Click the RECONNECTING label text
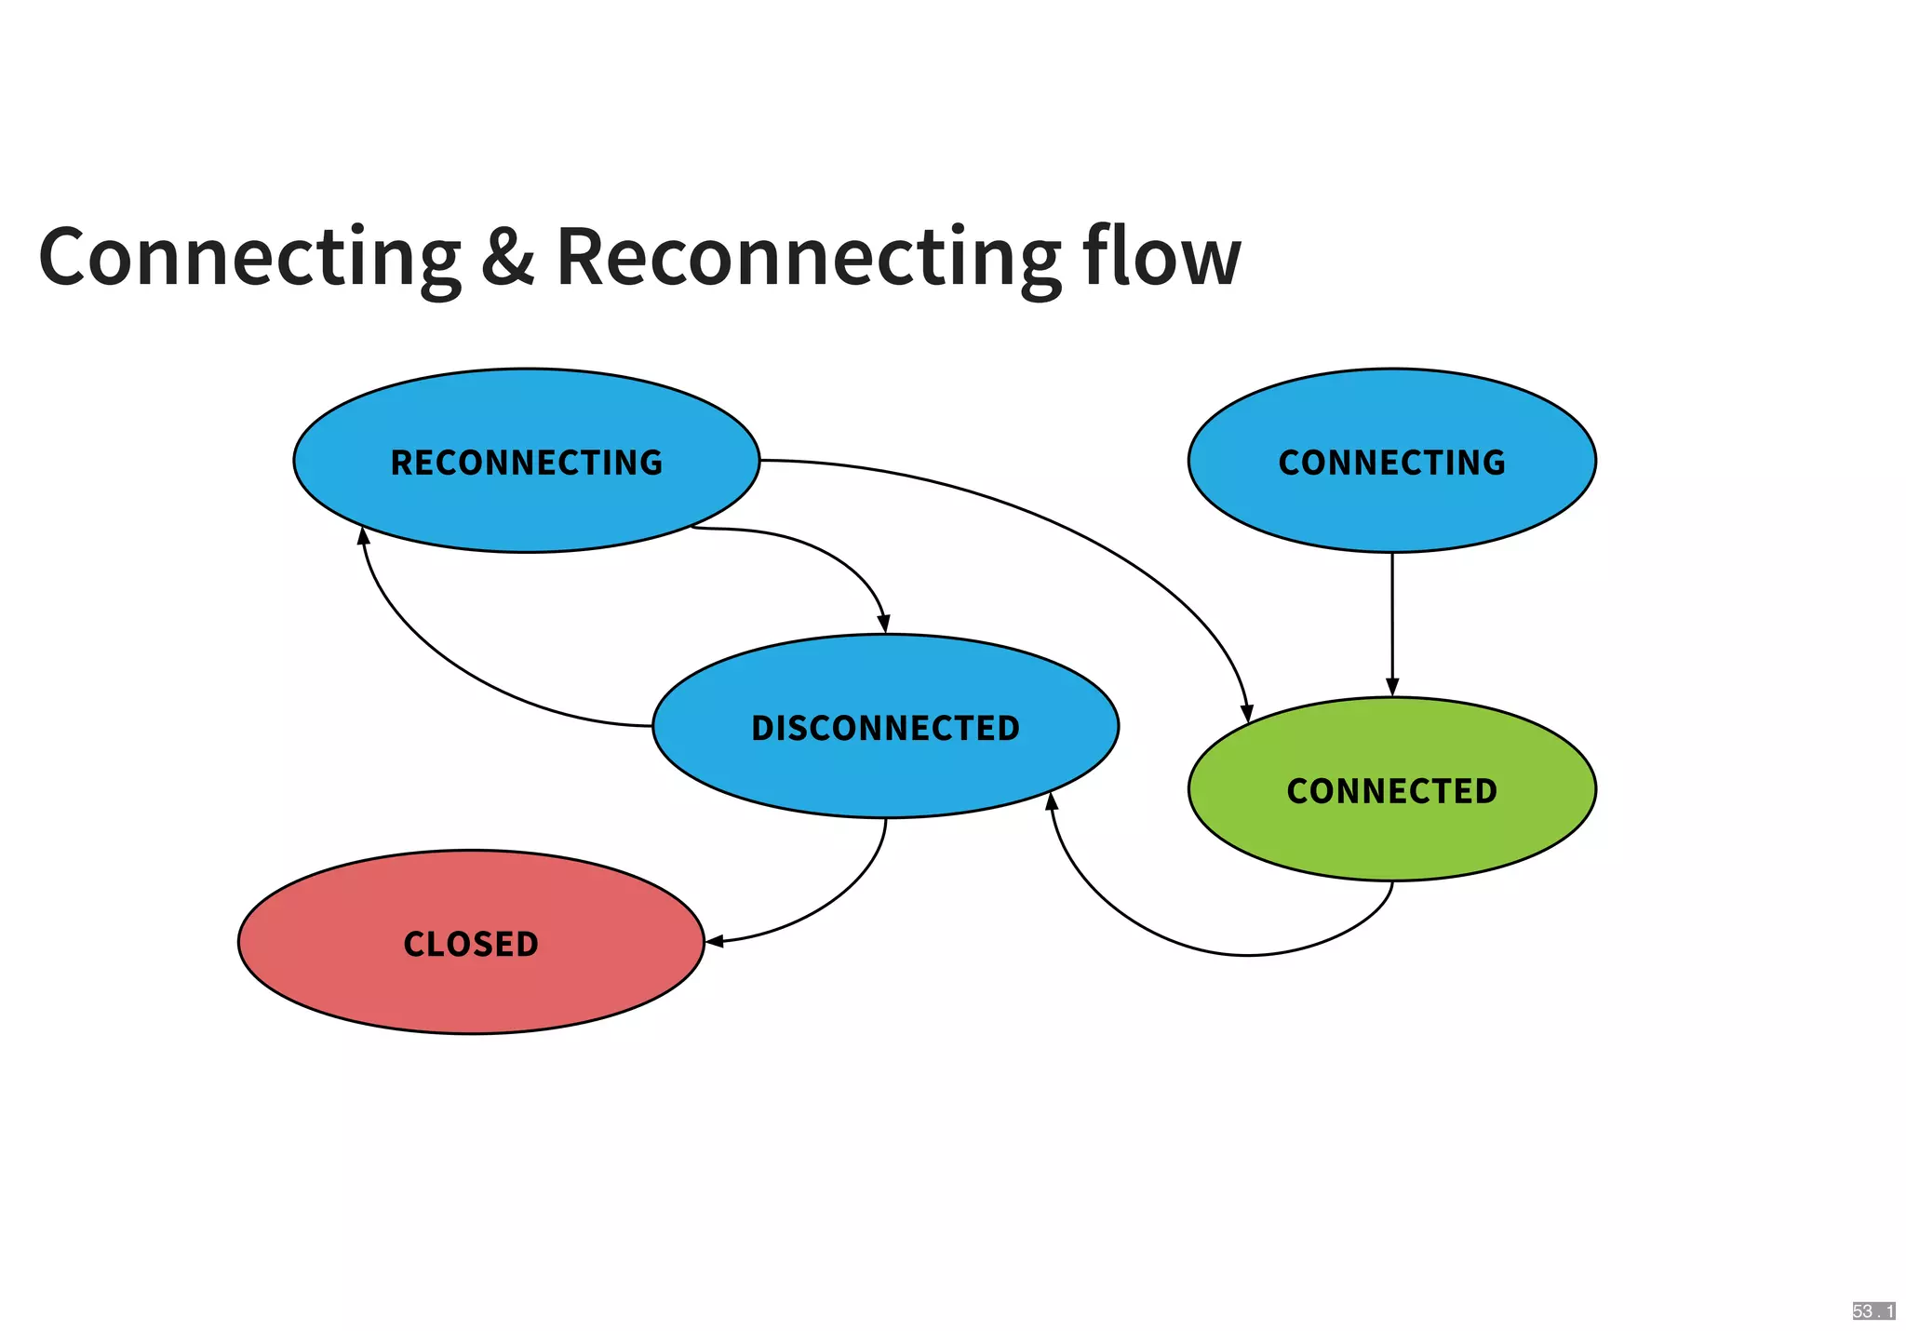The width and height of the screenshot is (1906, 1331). pos(526,463)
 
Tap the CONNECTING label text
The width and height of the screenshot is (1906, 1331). pos(1391,463)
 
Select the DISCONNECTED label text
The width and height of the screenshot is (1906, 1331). pos(885,728)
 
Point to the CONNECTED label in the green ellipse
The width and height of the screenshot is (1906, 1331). pos(1391,791)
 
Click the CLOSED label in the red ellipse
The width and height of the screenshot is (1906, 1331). pos(471,944)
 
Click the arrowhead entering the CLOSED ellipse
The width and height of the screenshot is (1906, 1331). pos(715,942)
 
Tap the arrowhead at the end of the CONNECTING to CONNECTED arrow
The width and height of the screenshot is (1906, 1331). pos(1392,688)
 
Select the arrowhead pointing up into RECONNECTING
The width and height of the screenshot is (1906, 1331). pos(364,536)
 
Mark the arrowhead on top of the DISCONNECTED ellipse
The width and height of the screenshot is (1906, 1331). pos(883,624)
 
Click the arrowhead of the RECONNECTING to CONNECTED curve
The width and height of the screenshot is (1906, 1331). pos(1247,713)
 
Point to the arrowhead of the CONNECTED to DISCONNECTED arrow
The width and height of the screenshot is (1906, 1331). pos(1053,802)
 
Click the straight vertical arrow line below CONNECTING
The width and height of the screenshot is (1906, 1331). pos(1392,614)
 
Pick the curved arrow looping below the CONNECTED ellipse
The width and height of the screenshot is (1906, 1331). pos(1247,955)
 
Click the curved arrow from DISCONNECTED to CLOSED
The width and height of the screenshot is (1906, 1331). pos(838,894)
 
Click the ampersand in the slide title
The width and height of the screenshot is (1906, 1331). pos(508,256)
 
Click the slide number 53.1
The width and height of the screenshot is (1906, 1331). pos(1872,1311)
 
